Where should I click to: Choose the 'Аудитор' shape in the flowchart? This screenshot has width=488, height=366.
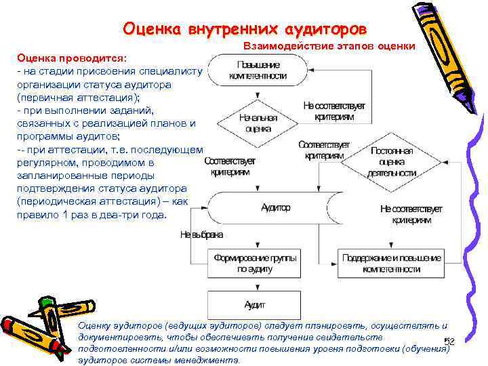tap(276, 207)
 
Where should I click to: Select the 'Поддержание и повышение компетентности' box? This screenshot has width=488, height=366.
tap(391, 263)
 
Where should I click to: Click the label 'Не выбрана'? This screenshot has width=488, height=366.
tap(201, 235)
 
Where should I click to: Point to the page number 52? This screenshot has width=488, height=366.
tap(448, 342)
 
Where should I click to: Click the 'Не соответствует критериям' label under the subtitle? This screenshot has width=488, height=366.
tap(334, 112)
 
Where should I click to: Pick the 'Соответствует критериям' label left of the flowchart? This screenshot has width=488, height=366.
tap(229, 167)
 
